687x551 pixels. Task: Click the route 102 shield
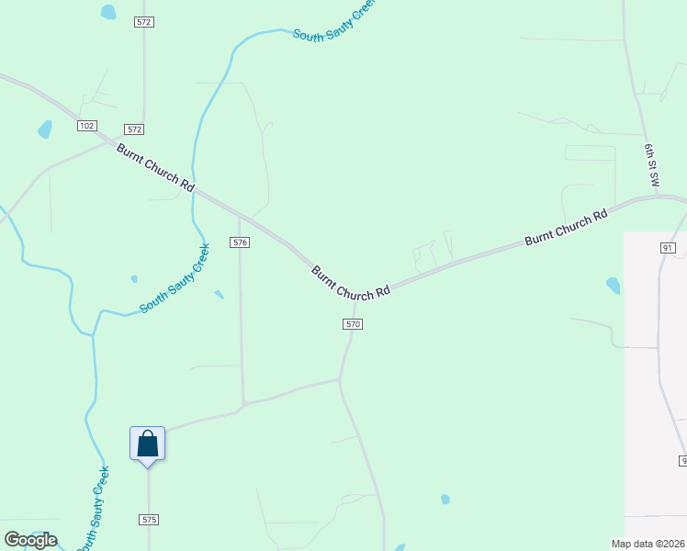pyautogui.click(x=87, y=126)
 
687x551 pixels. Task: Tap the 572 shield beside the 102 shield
pyautogui.click(x=135, y=129)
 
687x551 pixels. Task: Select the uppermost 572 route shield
pyautogui.click(x=143, y=21)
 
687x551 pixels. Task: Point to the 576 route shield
pyautogui.click(x=240, y=242)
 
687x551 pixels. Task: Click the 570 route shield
pyautogui.click(x=354, y=324)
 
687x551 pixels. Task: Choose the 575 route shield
pyautogui.click(x=150, y=520)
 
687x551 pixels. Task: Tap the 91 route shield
pyautogui.click(x=668, y=248)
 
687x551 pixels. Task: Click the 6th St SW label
pyautogui.click(x=652, y=161)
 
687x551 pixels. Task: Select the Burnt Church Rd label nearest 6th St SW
pyautogui.click(x=567, y=228)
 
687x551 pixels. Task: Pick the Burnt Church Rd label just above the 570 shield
pyautogui.click(x=351, y=283)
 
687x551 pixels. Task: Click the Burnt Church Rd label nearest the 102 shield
pyautogui.click(x=155, y=166)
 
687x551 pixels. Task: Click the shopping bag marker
pyautogui.click(x=147, y=444)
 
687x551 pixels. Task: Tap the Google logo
pyautogui.click(x=30, y=540)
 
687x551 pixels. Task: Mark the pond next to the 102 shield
pyautogui.click(x=44, y=129)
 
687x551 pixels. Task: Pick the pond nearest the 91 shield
pyautogui.click(x=613, y=286)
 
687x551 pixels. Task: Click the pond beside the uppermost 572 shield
pyautogui.click(x=108, y=12)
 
